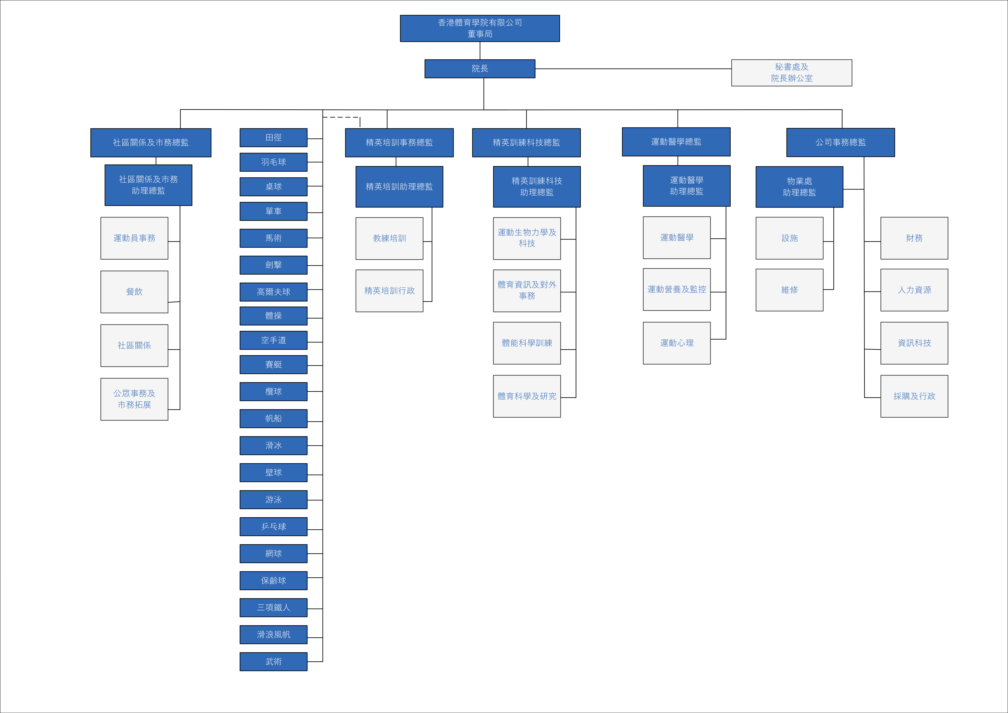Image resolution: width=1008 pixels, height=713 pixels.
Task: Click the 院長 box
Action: [x=480, y=69]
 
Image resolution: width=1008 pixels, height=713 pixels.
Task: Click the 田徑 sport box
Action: [x=274, y=137]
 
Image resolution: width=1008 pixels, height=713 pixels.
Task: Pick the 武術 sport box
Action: [x=274, y=662]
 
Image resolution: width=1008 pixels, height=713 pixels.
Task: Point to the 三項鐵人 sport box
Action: [x=274, y=607]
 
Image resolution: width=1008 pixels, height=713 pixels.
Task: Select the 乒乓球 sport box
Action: [x=274, y=527]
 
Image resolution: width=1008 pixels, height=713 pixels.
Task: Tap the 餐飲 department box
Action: [x=134, y=292]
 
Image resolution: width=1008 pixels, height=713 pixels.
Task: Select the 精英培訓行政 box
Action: [x=389, y=291]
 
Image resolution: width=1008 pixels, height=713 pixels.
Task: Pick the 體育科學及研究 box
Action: [x=527, y=396]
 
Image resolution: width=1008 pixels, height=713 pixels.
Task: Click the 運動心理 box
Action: [x=677, y=343]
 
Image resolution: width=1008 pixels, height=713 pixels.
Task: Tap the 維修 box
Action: [x=789, y=290]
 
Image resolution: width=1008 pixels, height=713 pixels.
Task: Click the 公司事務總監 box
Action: [x=840, y=142]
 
